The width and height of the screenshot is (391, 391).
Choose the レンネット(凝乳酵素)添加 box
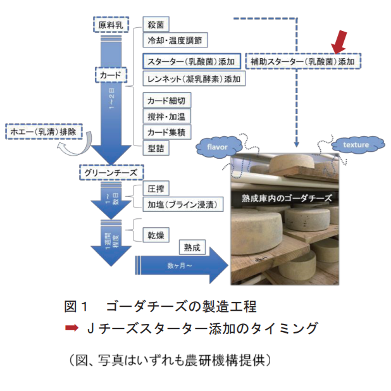194,79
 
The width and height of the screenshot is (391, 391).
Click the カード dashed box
111,75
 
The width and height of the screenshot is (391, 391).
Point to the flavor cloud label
217,146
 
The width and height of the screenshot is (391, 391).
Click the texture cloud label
356,145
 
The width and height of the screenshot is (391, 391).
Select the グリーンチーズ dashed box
111,171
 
